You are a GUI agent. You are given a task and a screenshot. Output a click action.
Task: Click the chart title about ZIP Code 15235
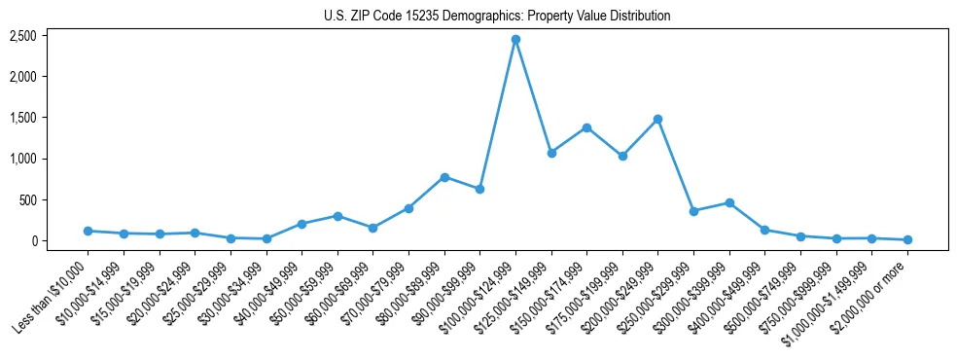(497, 16)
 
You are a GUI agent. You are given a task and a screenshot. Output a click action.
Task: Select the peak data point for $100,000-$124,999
(515, 39)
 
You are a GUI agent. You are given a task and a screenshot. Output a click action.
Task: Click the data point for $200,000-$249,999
(658, 119)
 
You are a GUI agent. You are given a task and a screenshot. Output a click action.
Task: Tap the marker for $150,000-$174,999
(586, 127)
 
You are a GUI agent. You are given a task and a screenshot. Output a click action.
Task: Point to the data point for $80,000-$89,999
(444, 177)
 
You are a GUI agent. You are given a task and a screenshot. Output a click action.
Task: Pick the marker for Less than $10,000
(88, 231)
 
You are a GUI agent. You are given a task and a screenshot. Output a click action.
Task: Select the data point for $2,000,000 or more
(907, 239)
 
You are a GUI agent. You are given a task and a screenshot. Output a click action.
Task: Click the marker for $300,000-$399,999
(729, 202)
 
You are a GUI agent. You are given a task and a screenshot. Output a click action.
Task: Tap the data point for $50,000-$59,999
(337, 216)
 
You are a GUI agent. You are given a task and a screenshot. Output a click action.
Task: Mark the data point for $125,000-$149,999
(551, 153)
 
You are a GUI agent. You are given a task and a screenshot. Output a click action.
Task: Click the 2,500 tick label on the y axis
(23, 36)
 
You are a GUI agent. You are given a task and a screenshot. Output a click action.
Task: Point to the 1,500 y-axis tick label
(23, 118)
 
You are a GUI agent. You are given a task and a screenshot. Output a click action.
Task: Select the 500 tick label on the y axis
(27, 200)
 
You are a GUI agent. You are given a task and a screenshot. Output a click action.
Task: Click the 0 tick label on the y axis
(33, 241)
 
